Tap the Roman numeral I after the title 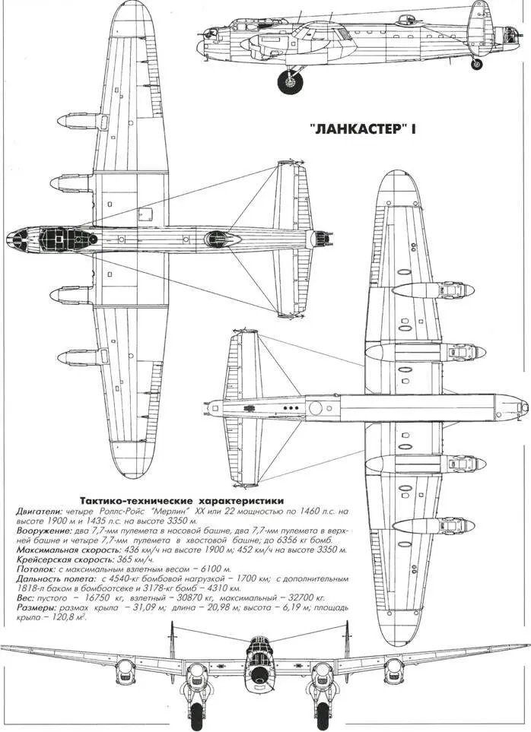[x=415, y=130]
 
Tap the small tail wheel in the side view [x=477, y=64]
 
